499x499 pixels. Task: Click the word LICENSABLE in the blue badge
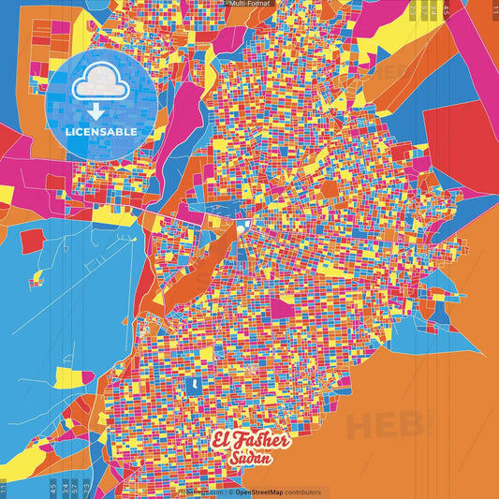point(100,130)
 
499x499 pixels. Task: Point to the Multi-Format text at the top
point(249,4)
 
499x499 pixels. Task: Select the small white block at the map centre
point(241,227)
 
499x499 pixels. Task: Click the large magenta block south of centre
point(283,308)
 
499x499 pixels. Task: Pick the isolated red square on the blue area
point(32,241)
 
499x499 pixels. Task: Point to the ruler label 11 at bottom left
point(4,487)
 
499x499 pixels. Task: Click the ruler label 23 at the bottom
point(87,487)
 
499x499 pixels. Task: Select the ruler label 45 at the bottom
point(52,487)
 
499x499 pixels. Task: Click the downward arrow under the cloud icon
point(99,111)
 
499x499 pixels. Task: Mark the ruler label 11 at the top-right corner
point(494,8)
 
